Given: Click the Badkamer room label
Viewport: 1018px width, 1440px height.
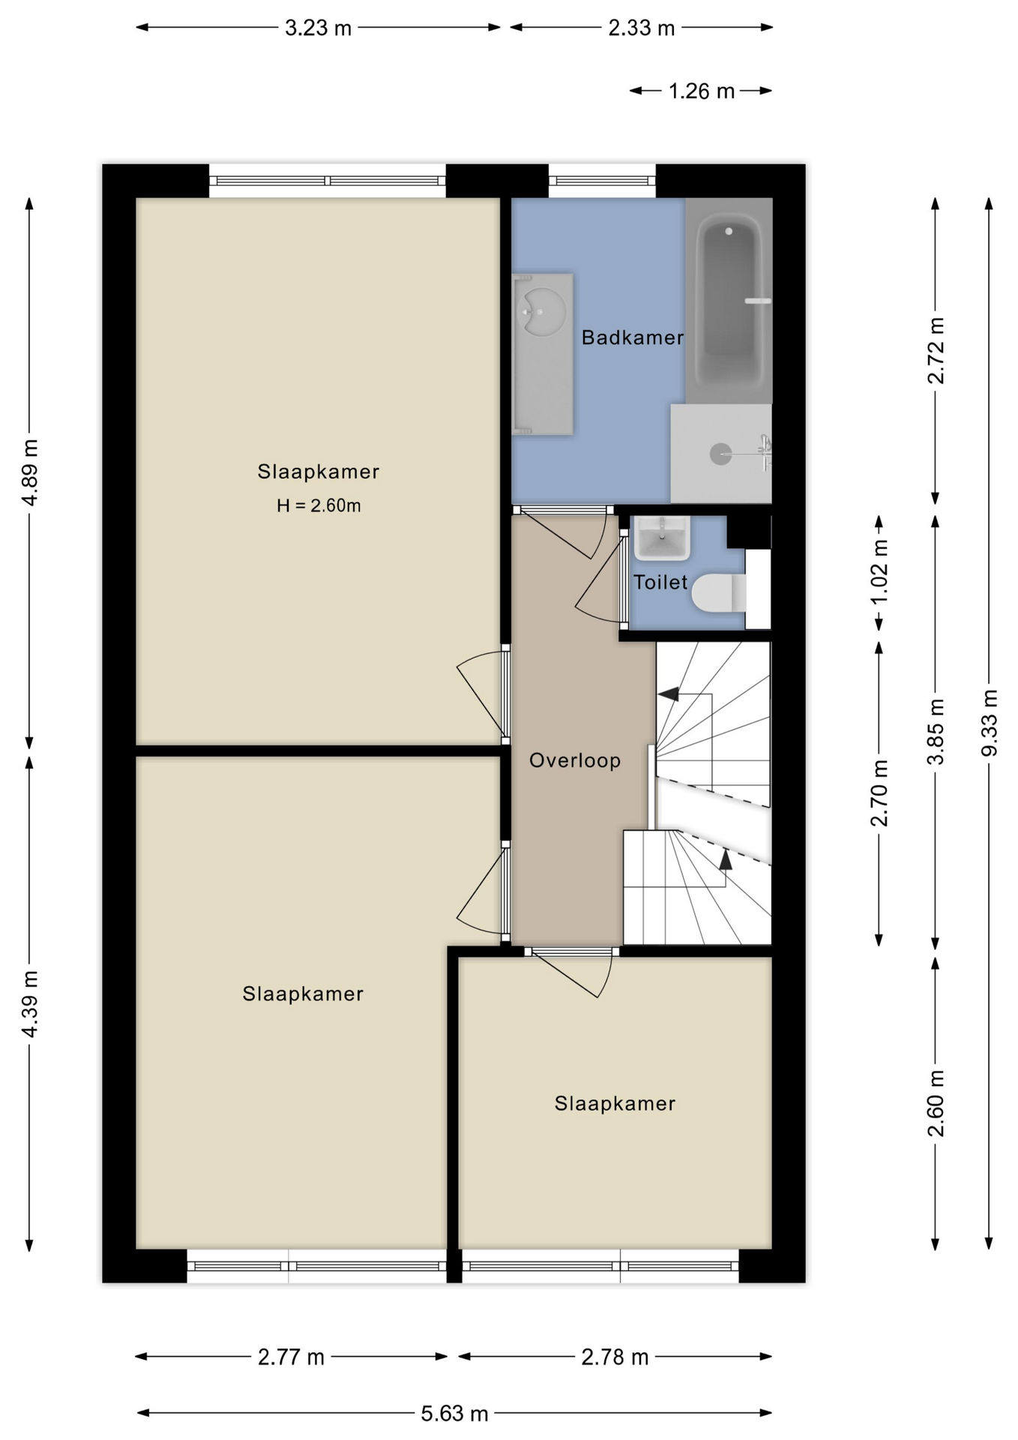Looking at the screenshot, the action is coord(632,337).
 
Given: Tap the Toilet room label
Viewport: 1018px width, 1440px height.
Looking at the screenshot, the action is coord(660,582).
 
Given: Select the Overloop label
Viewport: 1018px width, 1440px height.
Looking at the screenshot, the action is coord(575,760).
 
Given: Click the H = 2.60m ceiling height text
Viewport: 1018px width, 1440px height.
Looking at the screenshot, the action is coord(319,505).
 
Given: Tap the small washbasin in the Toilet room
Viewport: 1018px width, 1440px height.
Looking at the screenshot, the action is coord(662,538).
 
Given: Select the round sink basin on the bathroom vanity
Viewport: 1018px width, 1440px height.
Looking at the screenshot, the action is coord(542,312).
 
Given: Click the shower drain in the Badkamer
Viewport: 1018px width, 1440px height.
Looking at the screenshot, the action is coord(720,454).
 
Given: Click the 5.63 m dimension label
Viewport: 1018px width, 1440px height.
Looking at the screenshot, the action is coord(454,1414).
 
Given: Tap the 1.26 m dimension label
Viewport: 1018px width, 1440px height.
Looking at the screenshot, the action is coord(701,91).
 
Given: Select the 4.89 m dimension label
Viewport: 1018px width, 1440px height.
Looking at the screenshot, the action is coord(29,472).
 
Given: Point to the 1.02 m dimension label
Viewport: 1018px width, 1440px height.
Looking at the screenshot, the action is coord(879,571).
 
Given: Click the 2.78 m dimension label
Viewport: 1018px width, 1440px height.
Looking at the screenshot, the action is coord(615,1357).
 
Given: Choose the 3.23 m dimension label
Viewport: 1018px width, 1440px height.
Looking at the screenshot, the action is coord(318,28).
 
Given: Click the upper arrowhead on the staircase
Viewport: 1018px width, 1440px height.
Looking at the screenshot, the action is coord(669,694).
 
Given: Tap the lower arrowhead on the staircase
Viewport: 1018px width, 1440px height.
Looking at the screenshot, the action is coord(726,859).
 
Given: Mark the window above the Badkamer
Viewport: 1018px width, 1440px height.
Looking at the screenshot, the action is coord(602,181).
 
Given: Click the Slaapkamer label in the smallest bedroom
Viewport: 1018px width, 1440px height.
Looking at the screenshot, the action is coord(615,1103).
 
